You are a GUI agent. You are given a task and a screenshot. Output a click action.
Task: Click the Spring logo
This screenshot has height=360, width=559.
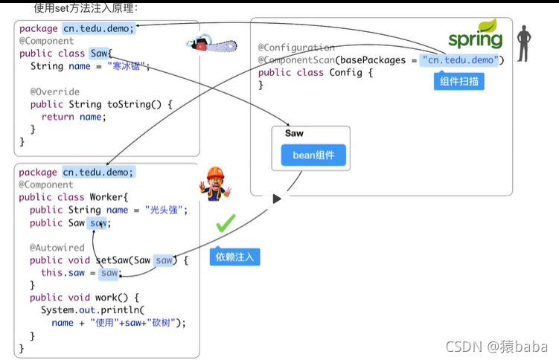475,35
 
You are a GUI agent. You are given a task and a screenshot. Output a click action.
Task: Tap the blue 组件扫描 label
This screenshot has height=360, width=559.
459,82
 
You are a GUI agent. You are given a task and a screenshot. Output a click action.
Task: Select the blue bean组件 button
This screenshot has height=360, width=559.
313,155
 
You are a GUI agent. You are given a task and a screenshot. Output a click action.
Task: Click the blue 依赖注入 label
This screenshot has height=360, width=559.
234,257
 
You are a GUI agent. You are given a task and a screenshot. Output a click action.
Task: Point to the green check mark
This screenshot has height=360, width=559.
225,222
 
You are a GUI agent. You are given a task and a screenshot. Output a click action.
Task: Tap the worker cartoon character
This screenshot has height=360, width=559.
214,183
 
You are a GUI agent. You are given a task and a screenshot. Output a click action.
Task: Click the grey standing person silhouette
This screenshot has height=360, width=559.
524,43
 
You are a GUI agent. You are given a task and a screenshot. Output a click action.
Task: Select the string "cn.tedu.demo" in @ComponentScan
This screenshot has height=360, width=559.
462,60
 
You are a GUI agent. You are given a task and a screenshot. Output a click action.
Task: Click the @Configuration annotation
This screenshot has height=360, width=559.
296,48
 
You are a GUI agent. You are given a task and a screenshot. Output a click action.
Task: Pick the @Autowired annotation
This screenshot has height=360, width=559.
57,248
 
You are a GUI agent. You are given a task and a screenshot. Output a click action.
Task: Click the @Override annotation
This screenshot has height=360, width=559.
55,92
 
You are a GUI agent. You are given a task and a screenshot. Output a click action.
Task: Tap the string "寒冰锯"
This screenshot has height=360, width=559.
128,66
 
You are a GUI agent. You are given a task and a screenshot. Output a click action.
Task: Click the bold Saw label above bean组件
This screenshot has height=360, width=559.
294,133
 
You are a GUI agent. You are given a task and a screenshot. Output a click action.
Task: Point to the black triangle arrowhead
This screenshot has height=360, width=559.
277,199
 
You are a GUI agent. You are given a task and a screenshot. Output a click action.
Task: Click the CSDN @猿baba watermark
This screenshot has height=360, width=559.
496,346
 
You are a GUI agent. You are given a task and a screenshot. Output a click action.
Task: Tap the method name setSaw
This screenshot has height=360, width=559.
113,260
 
